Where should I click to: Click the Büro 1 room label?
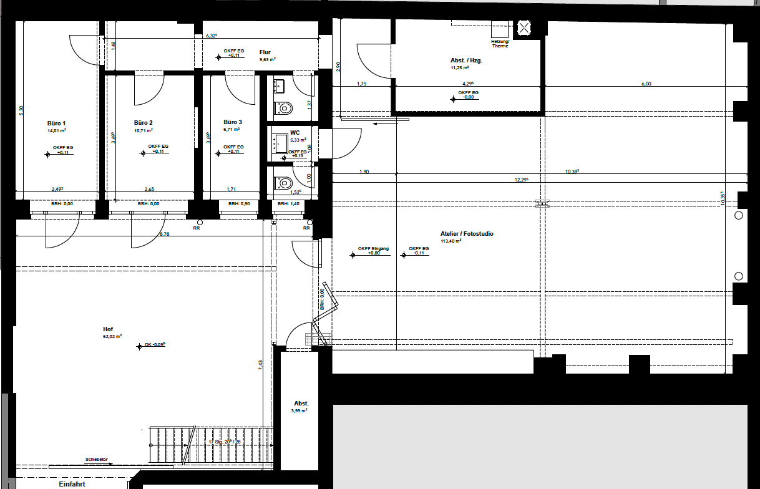56,123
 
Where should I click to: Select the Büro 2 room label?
143,123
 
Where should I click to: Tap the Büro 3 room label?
233,122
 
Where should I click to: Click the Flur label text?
265,52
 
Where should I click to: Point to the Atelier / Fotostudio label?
467,234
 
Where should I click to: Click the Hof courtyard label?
108,329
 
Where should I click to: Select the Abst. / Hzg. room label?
466,61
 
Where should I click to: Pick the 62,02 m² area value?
112,336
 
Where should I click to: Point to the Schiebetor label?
97,460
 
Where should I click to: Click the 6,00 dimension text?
646,84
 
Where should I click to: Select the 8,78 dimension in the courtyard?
165,234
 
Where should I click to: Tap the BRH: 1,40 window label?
288,204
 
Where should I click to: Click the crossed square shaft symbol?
524,27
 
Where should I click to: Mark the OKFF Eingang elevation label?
373,249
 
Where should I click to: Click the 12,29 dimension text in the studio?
522,180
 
